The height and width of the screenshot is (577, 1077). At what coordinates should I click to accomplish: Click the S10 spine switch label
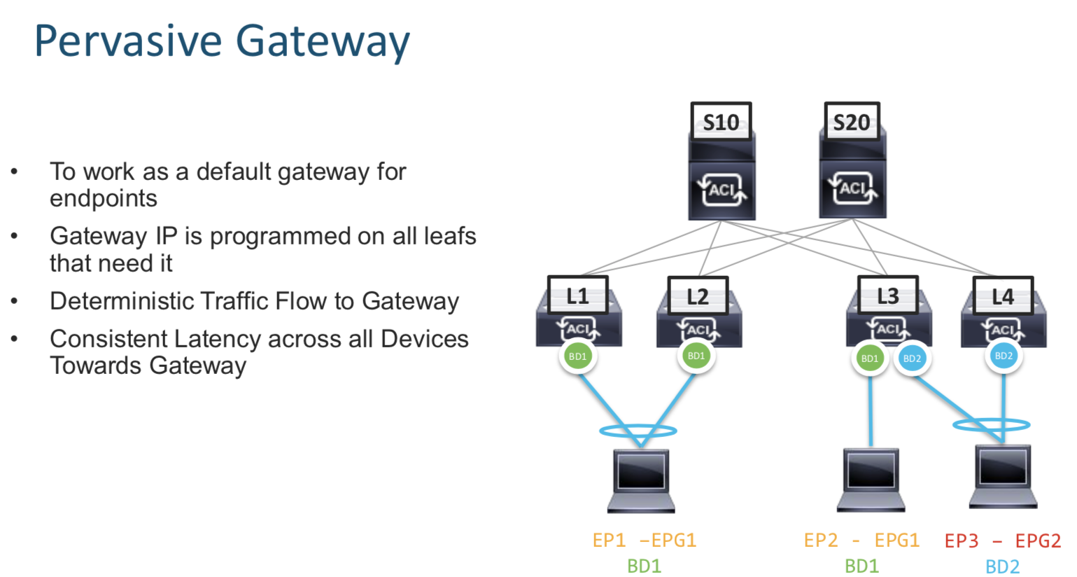click(x=721, y=122)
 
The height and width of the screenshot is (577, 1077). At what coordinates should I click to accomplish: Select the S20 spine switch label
click(x=851, y=122)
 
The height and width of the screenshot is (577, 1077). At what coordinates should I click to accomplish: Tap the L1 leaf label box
click(x=577, y=296)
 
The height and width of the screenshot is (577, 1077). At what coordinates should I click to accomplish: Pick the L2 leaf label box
click(x=698, y=296)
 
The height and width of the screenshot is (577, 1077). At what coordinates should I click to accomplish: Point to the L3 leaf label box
click(x=887, y=296)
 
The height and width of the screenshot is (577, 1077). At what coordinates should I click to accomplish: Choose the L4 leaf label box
click(x=1003, y=296)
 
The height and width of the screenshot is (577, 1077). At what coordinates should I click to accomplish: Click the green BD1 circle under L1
click(x=577, y=356)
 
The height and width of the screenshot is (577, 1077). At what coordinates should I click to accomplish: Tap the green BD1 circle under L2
click(x=696, y=356)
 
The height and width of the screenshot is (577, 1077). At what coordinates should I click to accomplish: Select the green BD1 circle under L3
click(x=870, y=359)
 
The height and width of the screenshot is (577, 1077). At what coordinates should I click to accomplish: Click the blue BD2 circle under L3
click(x=912, y=359)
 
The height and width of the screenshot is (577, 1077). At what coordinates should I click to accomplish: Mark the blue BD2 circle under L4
click(x=1004, y=356)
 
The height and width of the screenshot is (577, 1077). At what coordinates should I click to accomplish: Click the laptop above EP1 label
click(x=641, y=480)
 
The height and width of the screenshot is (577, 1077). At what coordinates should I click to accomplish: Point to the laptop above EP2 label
click(x=871, y=479)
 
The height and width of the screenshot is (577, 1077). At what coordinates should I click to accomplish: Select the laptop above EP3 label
click(x=1003, y=475)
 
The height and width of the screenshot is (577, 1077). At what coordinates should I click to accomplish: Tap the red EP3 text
click(x=962, y=541)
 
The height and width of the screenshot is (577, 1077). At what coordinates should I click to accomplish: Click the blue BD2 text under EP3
click(x=1002, y=566)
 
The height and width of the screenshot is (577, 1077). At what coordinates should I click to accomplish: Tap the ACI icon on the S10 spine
click(x=721, y=190)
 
